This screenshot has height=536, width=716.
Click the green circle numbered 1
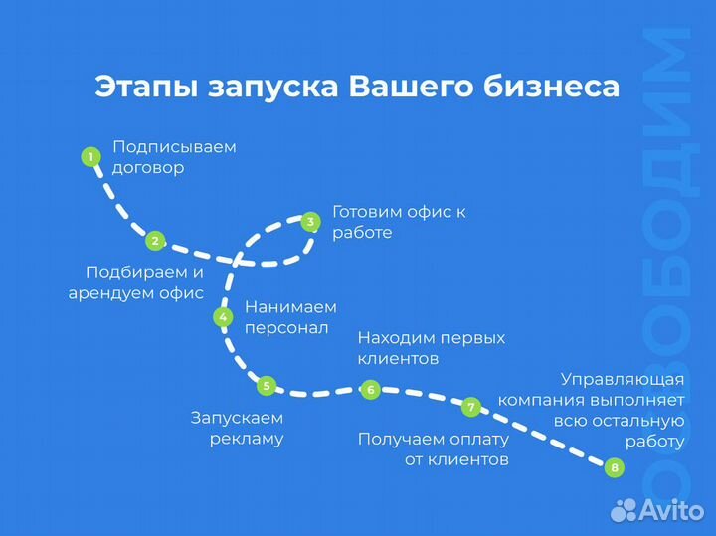[90, 157]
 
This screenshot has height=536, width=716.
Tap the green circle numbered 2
[155, 241]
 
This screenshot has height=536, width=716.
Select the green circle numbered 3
[311, 222]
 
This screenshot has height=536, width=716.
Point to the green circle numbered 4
[223, 317]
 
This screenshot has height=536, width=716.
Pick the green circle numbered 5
[267, 386]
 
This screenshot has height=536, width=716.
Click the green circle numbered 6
[370, 390]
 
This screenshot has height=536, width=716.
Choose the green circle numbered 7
[470, 407]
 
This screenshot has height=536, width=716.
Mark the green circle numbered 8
[615, 467]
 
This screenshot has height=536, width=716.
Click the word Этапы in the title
[146, 87]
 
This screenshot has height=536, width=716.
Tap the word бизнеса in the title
[551, 86]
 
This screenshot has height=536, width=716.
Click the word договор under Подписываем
[148, 168]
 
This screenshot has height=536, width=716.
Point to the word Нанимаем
[290, 307]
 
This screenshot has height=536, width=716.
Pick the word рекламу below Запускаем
[247, 440]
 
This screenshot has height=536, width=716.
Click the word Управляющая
[623, 380]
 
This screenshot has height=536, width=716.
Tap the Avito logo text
[671, 509]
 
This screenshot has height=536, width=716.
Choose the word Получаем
[401, 440]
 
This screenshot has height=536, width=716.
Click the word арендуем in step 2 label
[111, 293]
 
